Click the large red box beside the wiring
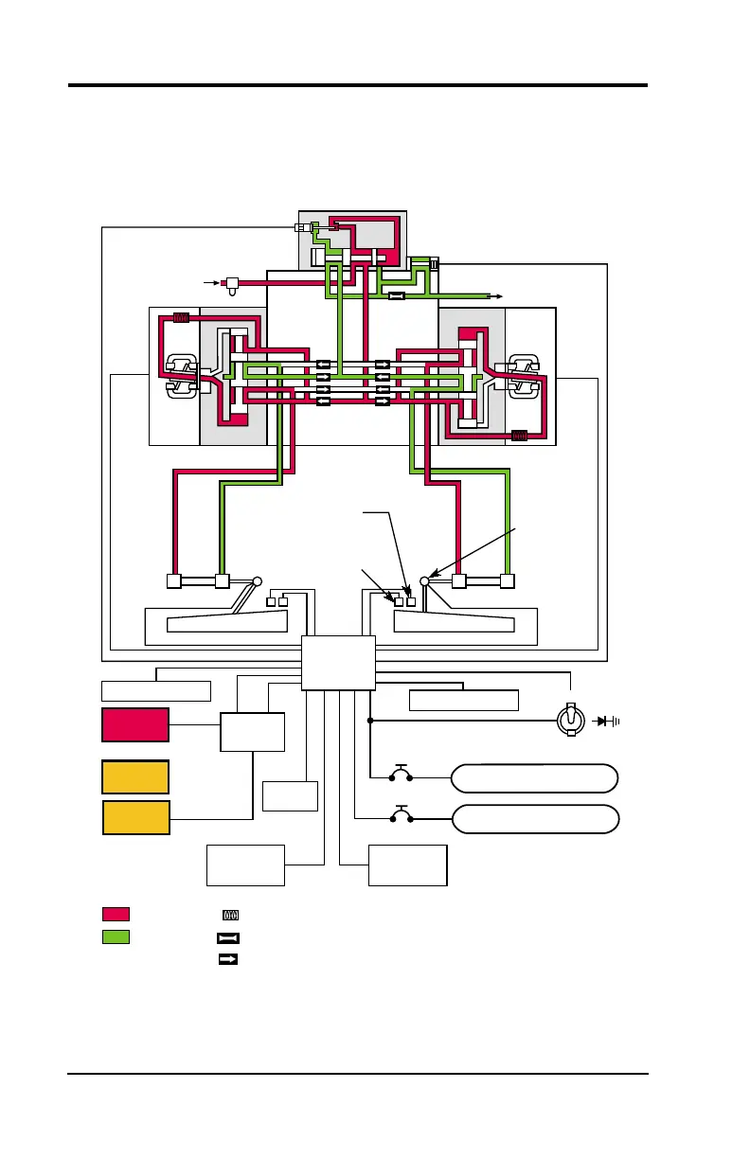(135, 724)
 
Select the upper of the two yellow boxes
(135, 776)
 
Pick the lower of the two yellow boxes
(135, 817)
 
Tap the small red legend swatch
(115, 914)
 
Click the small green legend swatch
(115, 936)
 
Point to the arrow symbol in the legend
(228, 959)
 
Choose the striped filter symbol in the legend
(228, 916)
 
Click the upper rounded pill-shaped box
(535, 778)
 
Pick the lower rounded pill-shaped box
(535, 818)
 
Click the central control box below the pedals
(339, 663)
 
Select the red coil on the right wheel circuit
(518, 437)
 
